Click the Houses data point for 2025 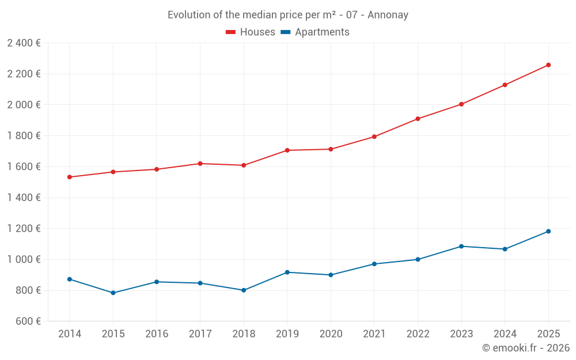point(548,65)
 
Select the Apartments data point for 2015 point(113,293)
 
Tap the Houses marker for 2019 point(287,150)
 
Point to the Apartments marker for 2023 point(461,247)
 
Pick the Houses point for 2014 point(70,177)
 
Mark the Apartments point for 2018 point(244,290)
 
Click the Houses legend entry point(251,32)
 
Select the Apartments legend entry point(315,32)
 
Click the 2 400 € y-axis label point(24,43)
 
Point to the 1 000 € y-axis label point(24,259)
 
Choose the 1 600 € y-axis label point(24,166)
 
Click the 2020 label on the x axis point(331,334)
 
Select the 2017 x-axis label point(200,334)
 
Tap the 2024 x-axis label point(505,334)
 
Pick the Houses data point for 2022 point(418,119)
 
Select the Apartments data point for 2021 point(374,264)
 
